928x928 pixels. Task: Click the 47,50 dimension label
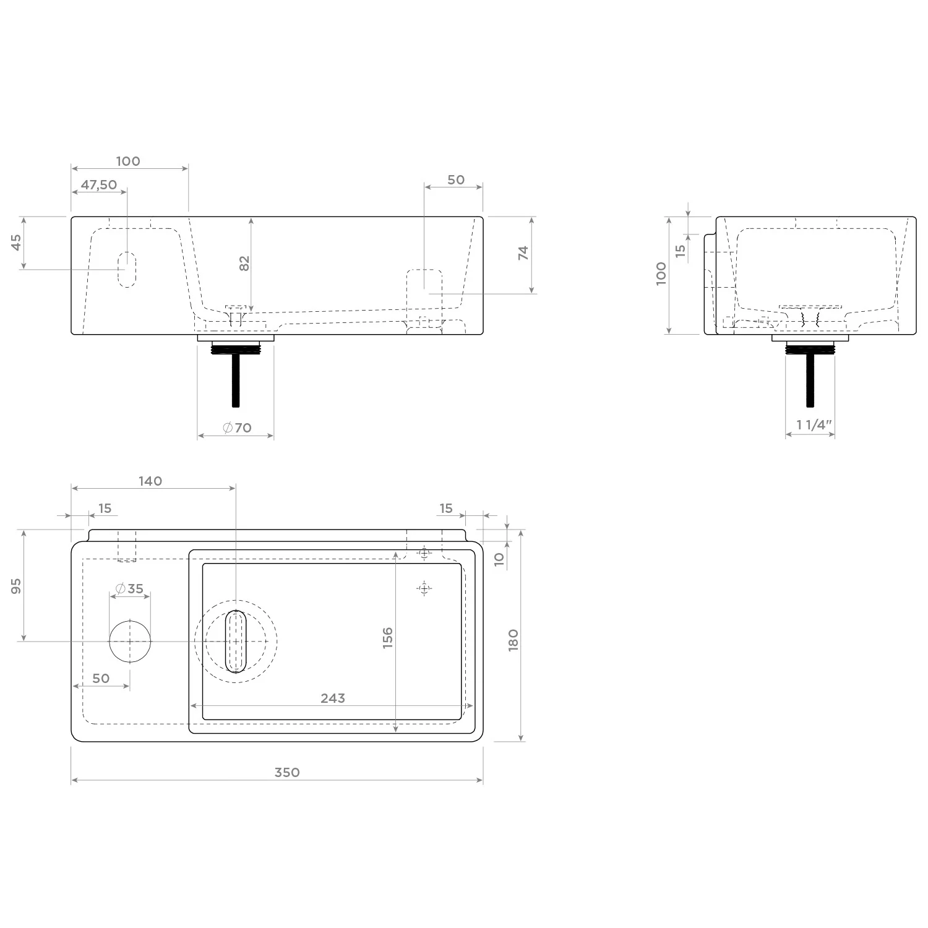click(x=99, y=184)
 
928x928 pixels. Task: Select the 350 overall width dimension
click(x=287, y=772)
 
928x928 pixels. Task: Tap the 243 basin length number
click(x=333, y=698)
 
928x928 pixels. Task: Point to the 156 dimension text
click(x=388, y=638)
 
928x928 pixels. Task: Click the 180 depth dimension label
click(x=513, y=640)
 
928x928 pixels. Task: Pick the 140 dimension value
click(x=150, y=481)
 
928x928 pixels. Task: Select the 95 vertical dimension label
click(x=17, y=586)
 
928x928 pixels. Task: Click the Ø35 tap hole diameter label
click(x=129, y=588)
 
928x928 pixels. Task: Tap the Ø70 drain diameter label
click(x=237, y=427)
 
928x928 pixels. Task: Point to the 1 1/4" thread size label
click(x=814, y=424)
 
